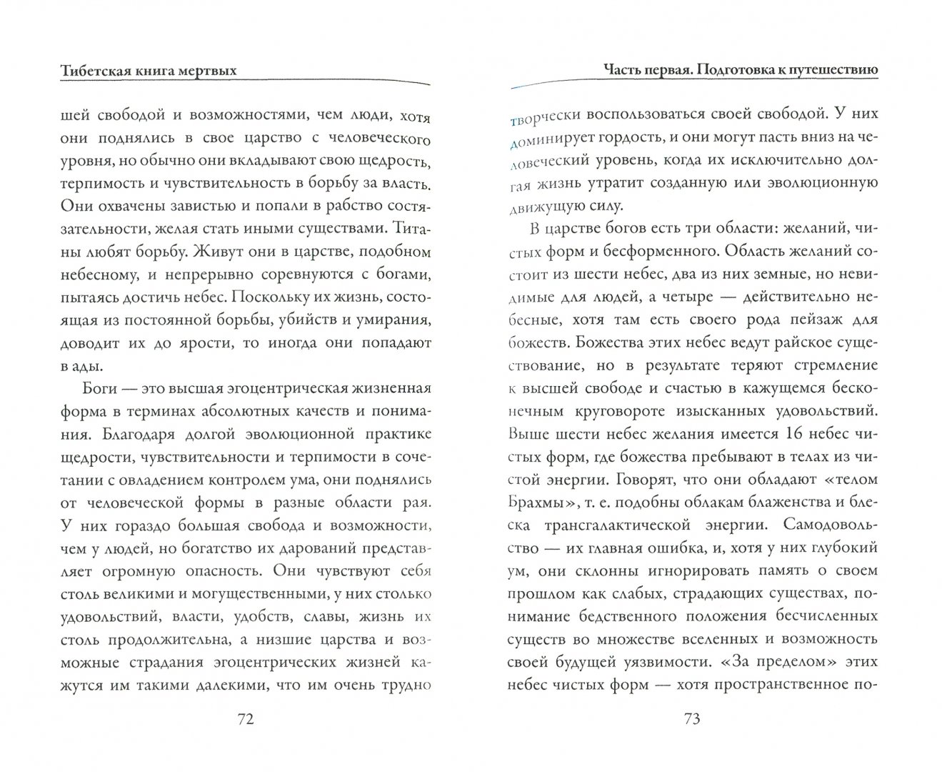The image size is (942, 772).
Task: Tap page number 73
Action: (x=691, y=719)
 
